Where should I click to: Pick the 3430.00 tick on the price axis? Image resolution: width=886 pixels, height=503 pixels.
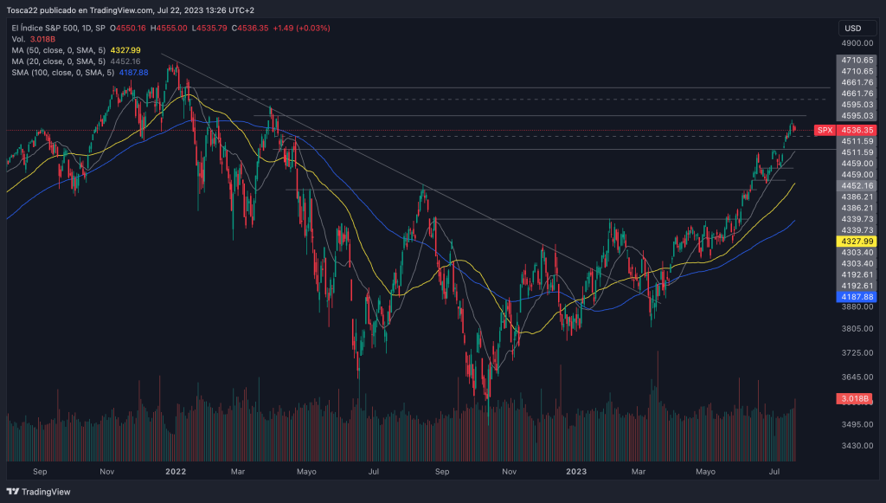[856, 445]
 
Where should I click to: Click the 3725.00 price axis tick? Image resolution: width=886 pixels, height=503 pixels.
[856, 352]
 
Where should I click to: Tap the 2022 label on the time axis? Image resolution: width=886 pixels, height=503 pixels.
[176, 472]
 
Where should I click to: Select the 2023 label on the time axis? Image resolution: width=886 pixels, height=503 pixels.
[577, 472]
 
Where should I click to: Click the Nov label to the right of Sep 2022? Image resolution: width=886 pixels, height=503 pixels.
[509, 472]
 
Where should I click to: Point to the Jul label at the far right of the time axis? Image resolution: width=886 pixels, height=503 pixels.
[775, 472]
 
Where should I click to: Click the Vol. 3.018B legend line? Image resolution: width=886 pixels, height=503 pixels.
[33, 39]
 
